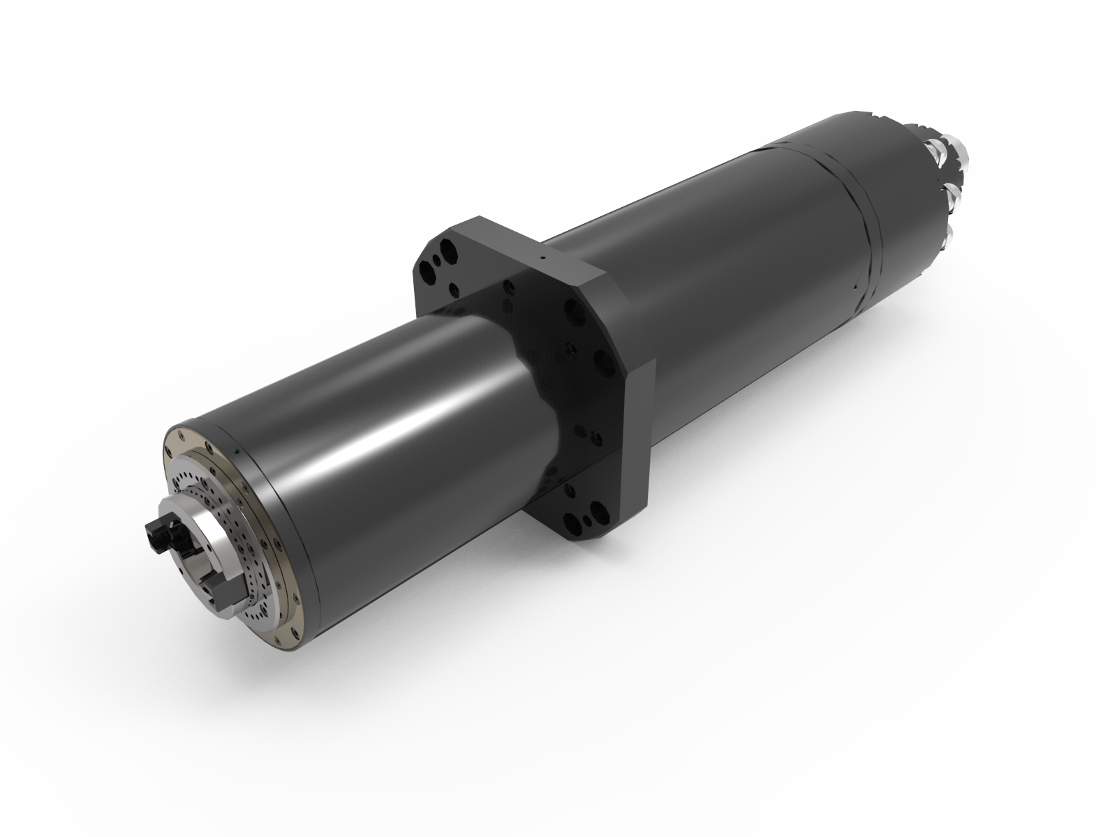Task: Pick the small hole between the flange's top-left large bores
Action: [438, 262]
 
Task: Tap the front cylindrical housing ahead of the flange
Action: [391, 446]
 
